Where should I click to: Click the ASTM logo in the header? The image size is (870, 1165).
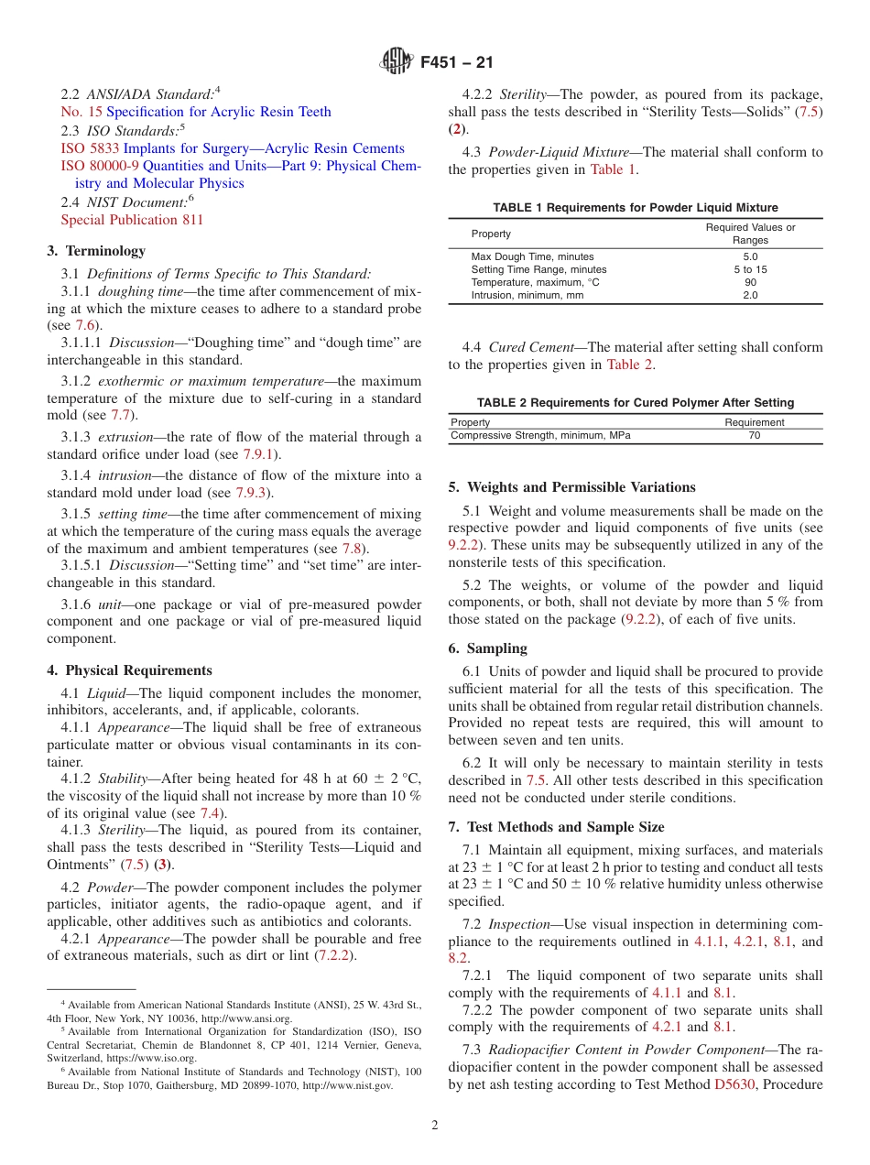click(397, 62)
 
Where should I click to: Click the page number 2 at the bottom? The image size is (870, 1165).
click(435, 1126)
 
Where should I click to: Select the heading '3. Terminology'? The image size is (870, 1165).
click(96, 250)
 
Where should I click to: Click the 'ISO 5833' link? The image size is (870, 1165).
click(90, 148)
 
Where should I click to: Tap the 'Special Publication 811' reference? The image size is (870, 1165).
click(132, 220)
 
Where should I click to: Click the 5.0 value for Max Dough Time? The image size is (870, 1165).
click(750, 256)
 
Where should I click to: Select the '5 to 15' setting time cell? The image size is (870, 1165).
click(750, 269)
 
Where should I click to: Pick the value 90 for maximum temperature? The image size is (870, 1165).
click(750, 282)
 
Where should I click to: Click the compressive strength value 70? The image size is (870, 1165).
click(754, 435)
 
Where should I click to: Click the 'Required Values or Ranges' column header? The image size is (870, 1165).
click(750, 234)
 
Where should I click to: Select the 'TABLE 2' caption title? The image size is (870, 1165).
click(635, 402)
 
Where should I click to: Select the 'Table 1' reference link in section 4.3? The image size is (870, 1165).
click(613, 169)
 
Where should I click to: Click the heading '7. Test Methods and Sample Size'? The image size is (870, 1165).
click(556, 827)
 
